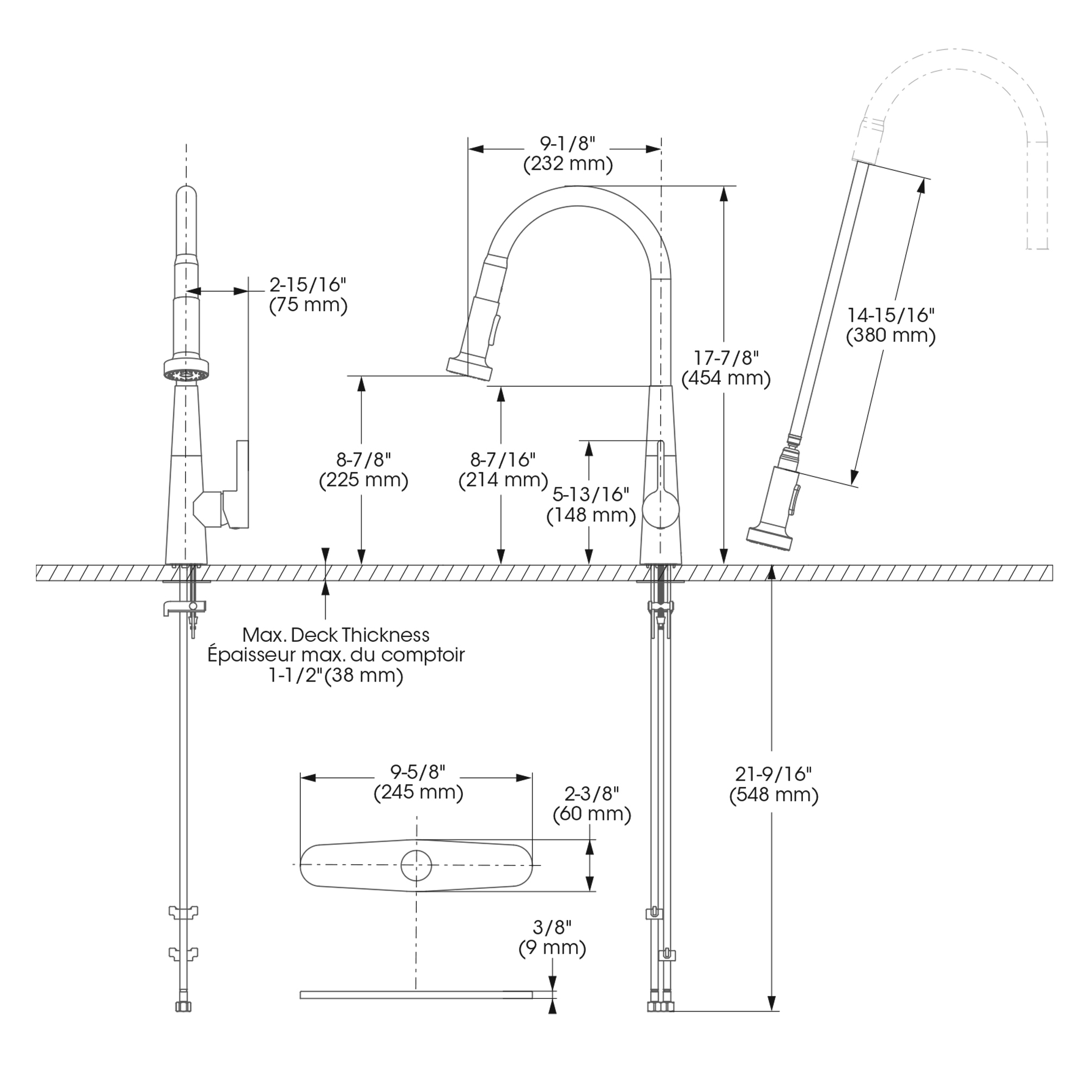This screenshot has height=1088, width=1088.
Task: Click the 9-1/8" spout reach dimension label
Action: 567,144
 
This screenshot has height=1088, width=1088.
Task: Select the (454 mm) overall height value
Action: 725,379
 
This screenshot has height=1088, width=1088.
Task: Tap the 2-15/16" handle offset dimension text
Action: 307,285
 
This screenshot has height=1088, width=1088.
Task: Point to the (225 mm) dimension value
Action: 363,480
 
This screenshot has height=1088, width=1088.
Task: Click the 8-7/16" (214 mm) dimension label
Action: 503,470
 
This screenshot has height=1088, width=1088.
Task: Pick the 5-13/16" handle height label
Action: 591,494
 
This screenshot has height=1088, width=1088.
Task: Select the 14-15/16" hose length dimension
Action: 891,316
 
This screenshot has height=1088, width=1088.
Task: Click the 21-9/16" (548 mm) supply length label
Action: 773,784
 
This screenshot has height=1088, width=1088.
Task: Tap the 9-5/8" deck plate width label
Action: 418,770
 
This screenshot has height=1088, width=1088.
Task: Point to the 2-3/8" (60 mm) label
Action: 591,803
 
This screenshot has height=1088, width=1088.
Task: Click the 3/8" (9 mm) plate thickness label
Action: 552,938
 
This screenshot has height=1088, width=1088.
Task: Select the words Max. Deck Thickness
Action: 336,635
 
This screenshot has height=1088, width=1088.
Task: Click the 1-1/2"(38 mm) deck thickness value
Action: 336,675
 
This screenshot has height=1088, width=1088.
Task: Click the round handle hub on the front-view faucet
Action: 661,509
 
